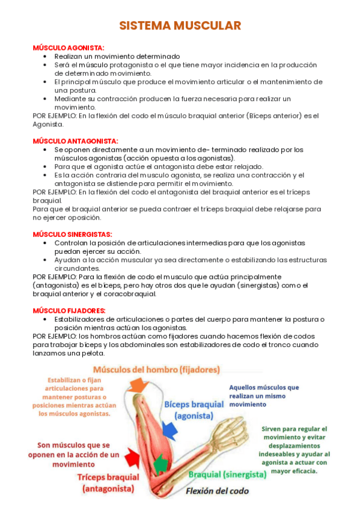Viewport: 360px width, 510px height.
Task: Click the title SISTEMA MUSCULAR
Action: click(x=180, y=25)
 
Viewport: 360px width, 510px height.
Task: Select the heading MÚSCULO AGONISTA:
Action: click(x=69, y=48)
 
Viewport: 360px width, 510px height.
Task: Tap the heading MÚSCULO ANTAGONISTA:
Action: click(x=75, y=141)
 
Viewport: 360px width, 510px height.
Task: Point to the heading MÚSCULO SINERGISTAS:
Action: click(x=72, y=234)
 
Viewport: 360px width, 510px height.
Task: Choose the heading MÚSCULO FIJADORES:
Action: click(x=69, y=310)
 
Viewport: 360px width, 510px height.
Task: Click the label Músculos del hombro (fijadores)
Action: click(x=156, y=369)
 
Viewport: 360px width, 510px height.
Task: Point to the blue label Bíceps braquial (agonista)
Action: click(x=194, y=410)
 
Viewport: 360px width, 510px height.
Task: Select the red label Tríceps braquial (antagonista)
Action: click(x=108, y=483)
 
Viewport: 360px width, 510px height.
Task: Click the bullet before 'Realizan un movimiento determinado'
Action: click(x=46, y=56)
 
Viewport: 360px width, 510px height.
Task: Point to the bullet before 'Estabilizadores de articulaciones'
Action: click(x=46, y=319)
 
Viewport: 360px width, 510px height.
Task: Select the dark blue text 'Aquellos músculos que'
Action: click(x=264, y=388)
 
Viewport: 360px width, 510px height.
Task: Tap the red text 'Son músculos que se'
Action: click(x=73, y=446)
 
